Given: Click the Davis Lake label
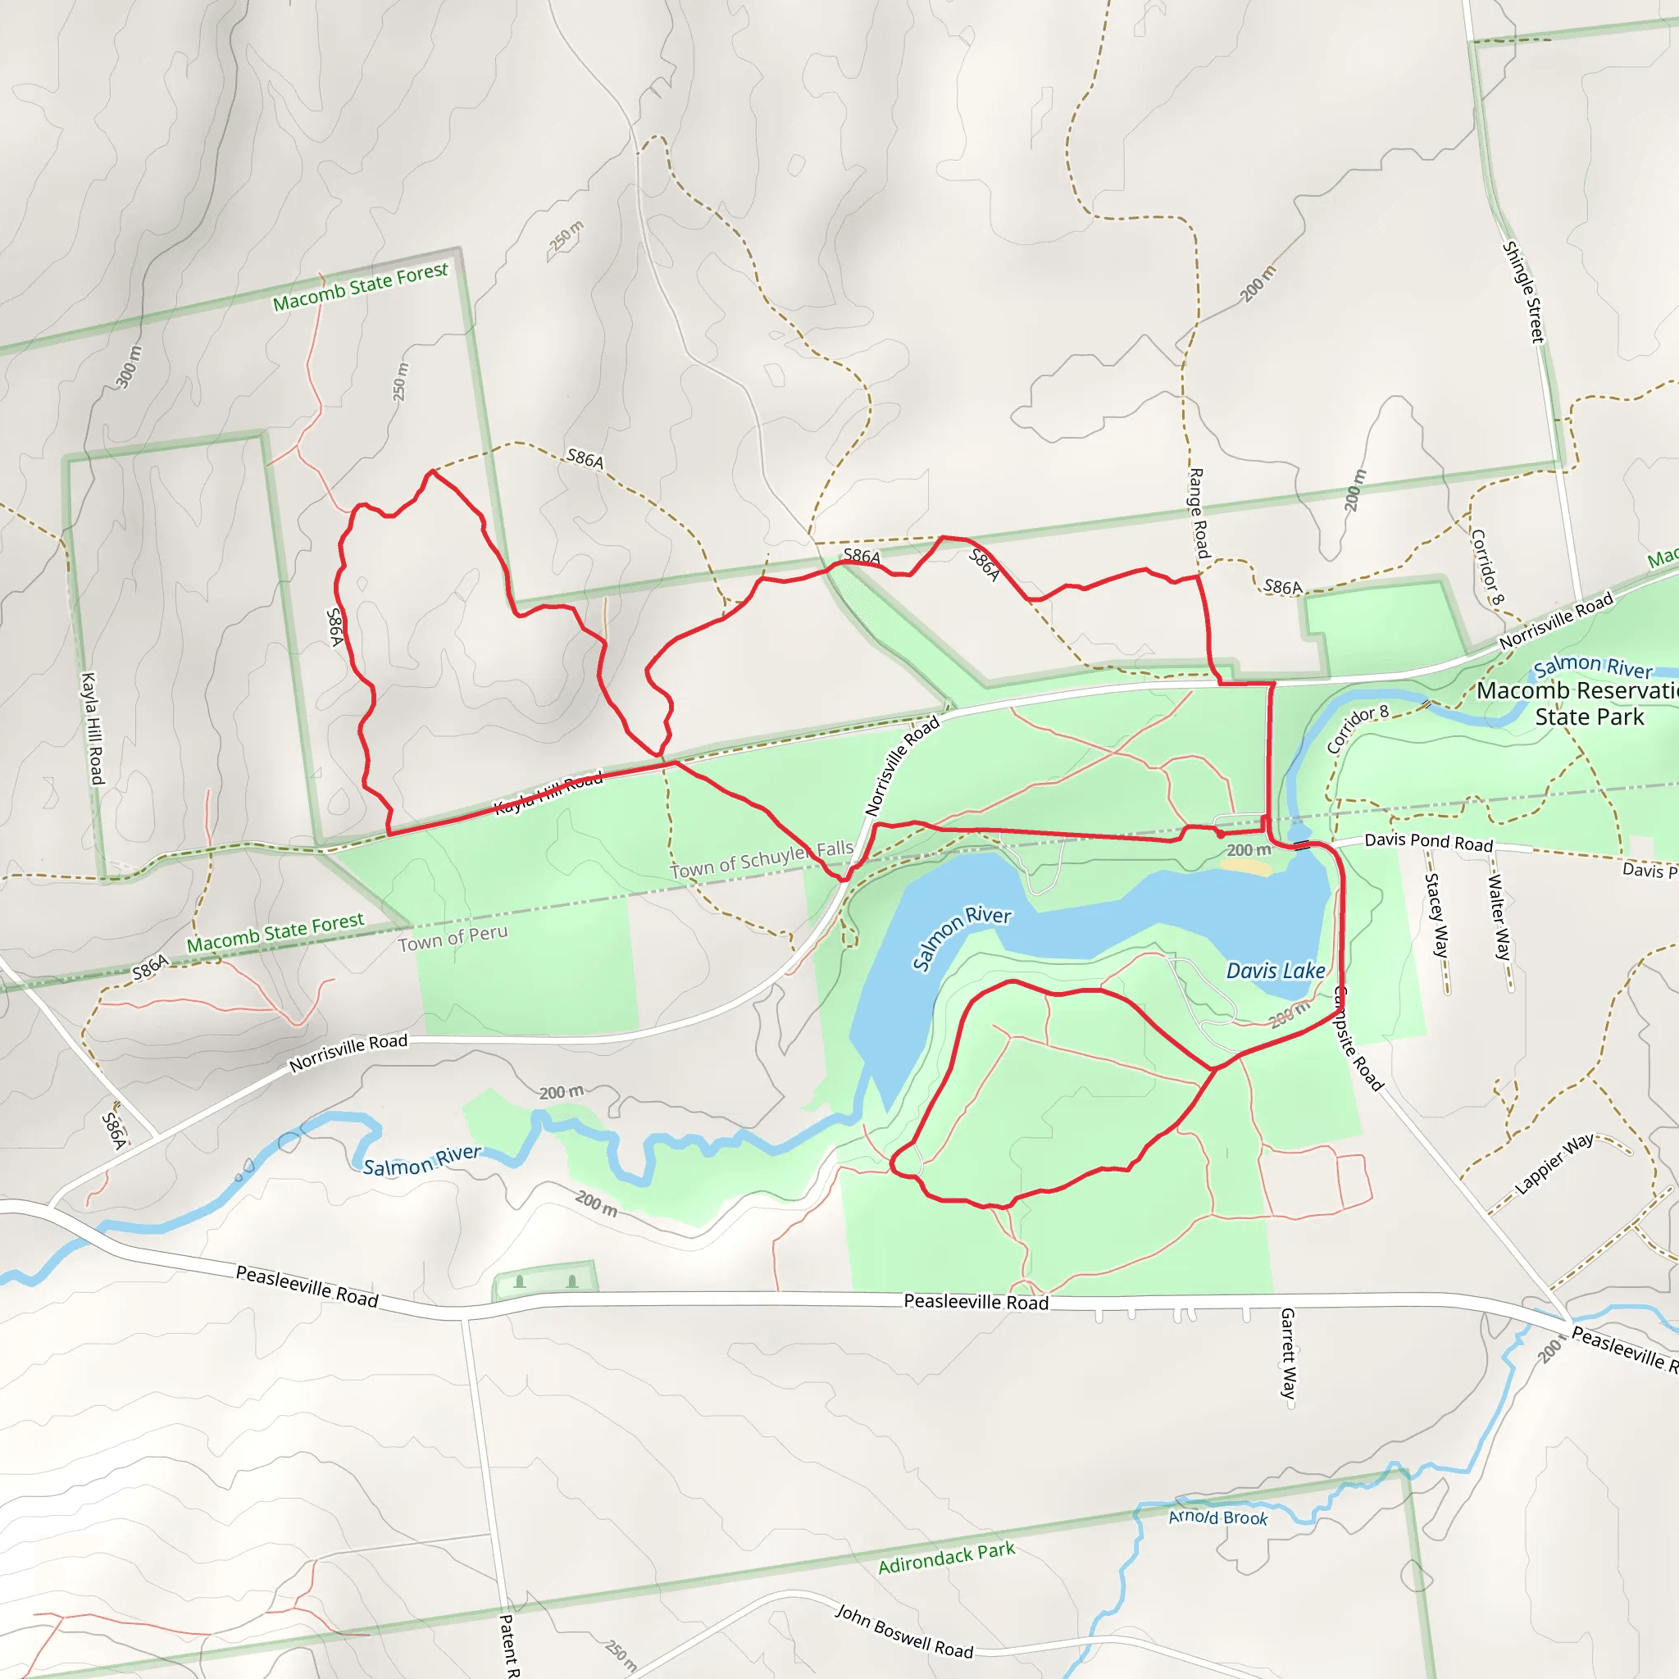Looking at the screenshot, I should (x=1275, y=971).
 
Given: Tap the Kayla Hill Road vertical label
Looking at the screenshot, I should (x=91, y=727).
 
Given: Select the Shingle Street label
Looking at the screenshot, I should (x=1523, y=292).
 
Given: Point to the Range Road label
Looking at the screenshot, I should (x=1198, y=512).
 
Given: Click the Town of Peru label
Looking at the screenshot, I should (x=453, y=938).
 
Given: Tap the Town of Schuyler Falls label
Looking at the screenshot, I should (x=762, y=858).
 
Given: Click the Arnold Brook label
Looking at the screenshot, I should (x=1217, y=1517).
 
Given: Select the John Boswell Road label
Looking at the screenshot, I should (x=903, y=1631).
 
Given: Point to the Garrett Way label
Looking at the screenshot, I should (x=1288, y=1353).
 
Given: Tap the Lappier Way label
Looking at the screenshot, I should (x=1554, y=1163).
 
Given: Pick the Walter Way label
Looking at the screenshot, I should (x=1499, y=917).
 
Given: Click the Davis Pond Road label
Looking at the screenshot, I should (x=1428, y=842).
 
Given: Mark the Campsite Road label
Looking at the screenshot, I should (x=1357, y=1039).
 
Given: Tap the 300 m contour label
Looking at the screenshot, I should (x=128, y=366).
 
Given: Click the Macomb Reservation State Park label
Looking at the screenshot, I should (x=1577, y=704).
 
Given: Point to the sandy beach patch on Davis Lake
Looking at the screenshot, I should (x=1249, y=867).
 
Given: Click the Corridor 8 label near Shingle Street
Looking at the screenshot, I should (x=1486, y=566).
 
